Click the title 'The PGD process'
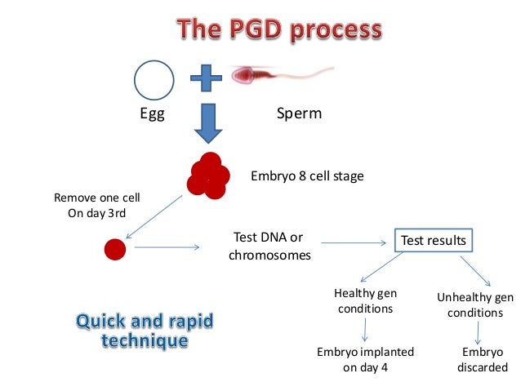(279, 30)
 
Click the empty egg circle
(154, 80)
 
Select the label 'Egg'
(153, 114)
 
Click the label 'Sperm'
(300, 114)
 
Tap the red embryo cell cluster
(207, 175)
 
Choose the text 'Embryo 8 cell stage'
(307, 176)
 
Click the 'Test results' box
(433, 241)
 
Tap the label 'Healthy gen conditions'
(363, 300)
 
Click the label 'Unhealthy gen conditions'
(476, 304)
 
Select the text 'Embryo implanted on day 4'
(365, 359)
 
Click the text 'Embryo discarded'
(483, 359)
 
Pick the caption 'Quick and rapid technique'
(145, 329)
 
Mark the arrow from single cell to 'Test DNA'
(171, 247)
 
